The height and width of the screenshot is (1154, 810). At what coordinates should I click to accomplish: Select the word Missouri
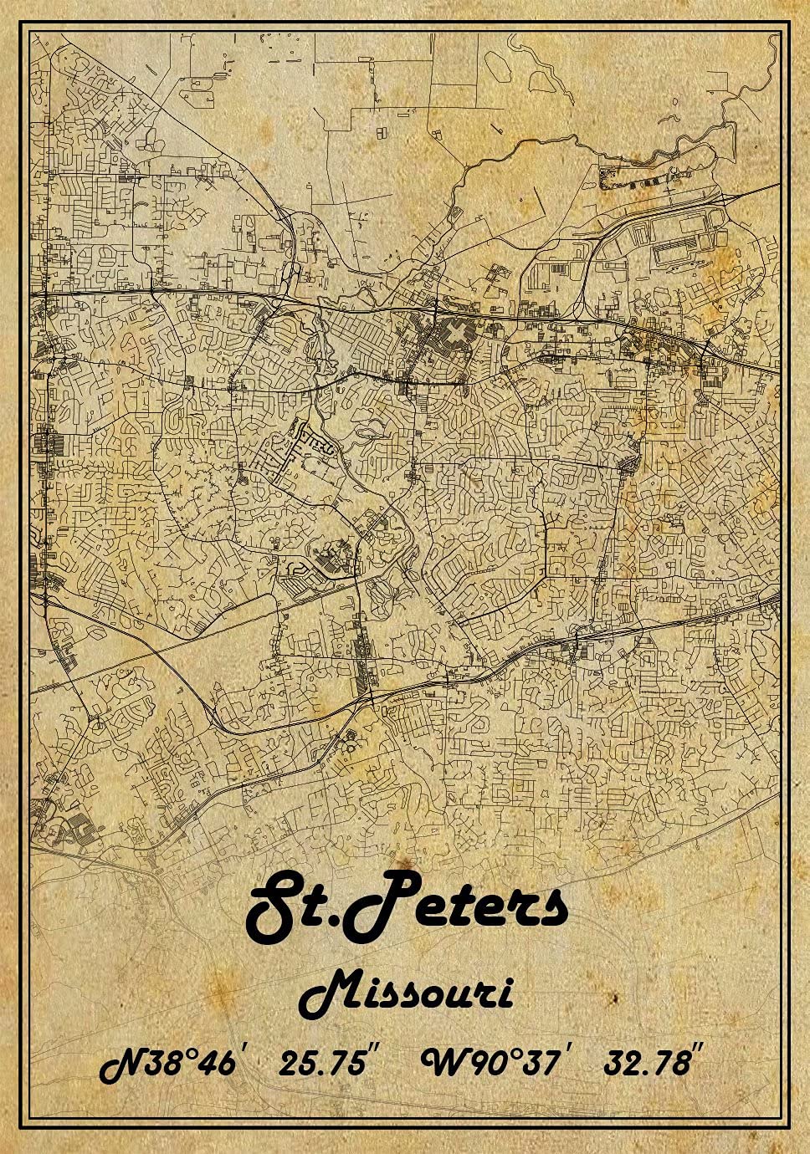[x=406, y=994]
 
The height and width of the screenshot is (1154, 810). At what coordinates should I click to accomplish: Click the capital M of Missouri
[x=329, y=994]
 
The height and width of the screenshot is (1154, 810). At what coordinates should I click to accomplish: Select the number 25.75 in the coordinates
[x=321, y=1065]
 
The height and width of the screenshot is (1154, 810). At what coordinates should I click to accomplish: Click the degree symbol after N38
[x=189, y=1055]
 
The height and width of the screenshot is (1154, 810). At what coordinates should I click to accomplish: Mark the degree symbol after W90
[x=515, y=1055]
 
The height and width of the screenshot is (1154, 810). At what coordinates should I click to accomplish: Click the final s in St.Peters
[x=550, y=910]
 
